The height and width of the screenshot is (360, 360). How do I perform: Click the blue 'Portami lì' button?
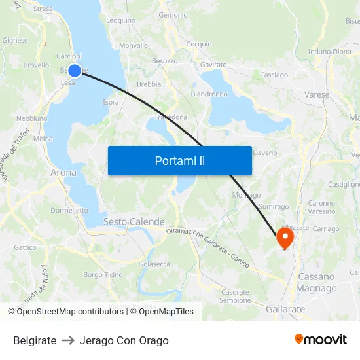coord(179,160)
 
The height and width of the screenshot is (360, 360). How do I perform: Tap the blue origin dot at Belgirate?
coord(75,71)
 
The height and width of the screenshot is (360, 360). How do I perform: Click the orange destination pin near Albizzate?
coord(285,237)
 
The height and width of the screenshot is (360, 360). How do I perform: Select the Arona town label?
coord(63,173)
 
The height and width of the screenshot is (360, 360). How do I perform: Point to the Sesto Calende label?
coord(134,222)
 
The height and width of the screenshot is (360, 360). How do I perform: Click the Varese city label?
coord(317,94)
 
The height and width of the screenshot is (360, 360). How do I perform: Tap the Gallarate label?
coord(286,308)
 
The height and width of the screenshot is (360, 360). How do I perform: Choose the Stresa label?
coord(43,9)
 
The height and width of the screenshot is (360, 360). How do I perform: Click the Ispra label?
coord(111,102)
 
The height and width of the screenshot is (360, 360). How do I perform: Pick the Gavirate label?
coord(213,65)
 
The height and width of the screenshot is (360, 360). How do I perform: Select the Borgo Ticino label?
coord(103,274)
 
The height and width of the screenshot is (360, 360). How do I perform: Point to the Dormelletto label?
coord(69,211)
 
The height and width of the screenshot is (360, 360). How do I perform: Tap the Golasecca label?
coord(154,264)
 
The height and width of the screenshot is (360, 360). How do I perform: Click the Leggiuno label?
coord(120,20)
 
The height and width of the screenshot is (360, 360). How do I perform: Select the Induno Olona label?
coord(329,52)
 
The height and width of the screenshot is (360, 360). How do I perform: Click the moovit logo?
coord(321,340)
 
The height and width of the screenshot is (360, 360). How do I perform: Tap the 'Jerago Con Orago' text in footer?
coord(124,340)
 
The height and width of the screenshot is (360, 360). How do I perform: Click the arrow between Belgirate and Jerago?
coord(68,340)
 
